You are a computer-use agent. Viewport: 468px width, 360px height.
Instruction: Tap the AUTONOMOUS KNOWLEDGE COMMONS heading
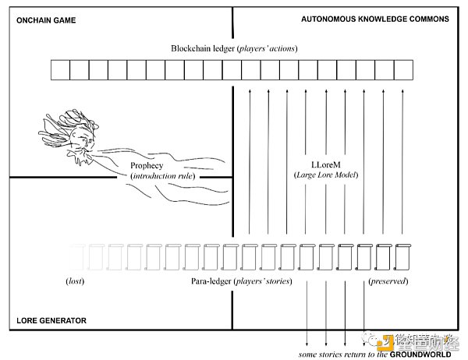[x=375, y=19]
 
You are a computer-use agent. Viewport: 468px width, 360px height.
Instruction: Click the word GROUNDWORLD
[x=422, y=353]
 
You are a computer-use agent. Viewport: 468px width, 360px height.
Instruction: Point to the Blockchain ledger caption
[x=234, y=48]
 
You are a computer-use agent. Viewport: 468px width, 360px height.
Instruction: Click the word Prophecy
[x=147, y=165]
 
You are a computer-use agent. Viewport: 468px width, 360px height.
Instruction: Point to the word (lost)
[x=76, y=279]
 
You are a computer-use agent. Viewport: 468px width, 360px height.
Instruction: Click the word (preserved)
[x=388, y=279]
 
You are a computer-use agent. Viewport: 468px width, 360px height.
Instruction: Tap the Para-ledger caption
[x=234, y=279]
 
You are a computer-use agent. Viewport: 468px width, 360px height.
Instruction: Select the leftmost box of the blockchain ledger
[x=60, y=71]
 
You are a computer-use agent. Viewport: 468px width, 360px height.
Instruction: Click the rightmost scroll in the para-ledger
[x=402, y=255]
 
